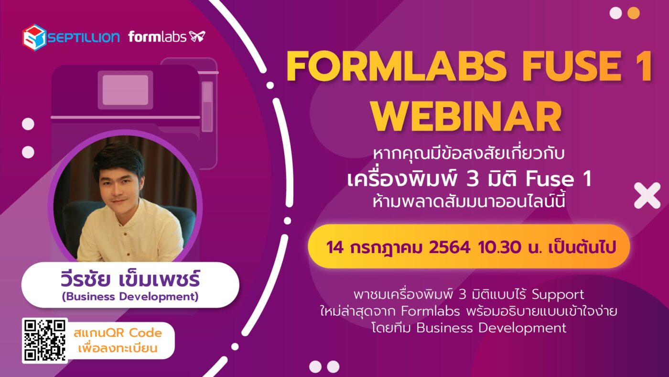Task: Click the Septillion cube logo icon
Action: click(x=34, y=37)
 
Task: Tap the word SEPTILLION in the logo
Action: click(x=84, y=37)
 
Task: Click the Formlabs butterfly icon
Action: click(x=197, y=36)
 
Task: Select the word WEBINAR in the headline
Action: click(x=466, y=117)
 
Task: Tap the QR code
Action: click(x=45, y=341)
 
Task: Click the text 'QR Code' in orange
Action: click(x=134, y=333)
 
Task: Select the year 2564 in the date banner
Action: click(x=450, y=247)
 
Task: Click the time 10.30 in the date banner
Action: click(x=500, y=247)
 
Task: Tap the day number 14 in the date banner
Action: click(x=335, y=247)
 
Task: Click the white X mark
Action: click(x=647, y=195)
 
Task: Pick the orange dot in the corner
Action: click(x=634, y=13)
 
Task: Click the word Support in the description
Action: click(x=558, y=295)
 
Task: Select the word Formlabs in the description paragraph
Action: click(x=430, y=311)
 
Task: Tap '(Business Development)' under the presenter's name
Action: click(x=130, y=297)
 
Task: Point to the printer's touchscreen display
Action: click(x=125, y=90)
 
